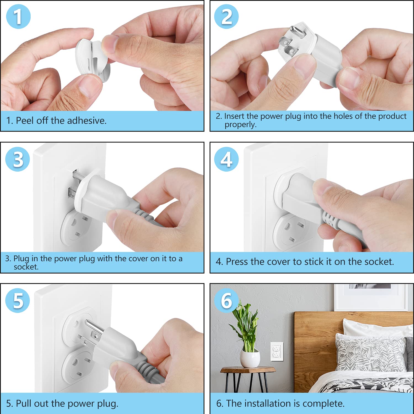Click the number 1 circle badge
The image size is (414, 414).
(18, 17)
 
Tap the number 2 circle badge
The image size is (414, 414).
(227, 17)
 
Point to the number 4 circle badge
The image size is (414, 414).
(227, 159)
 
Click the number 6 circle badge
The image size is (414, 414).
(227, 300)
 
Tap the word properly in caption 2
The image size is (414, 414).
(240, 125)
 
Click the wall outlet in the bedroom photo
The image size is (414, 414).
(277, 351)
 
